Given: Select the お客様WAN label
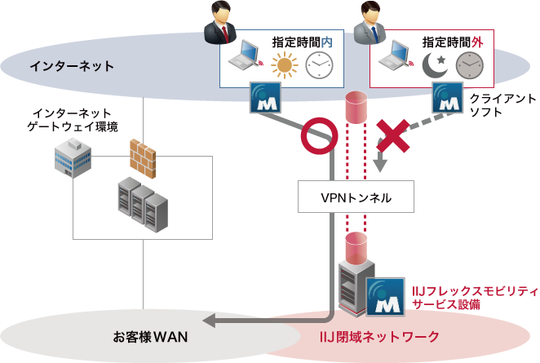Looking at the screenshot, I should coord(150,336).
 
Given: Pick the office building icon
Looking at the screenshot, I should coord(73,157).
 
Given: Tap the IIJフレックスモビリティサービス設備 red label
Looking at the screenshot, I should coord(475,298).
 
